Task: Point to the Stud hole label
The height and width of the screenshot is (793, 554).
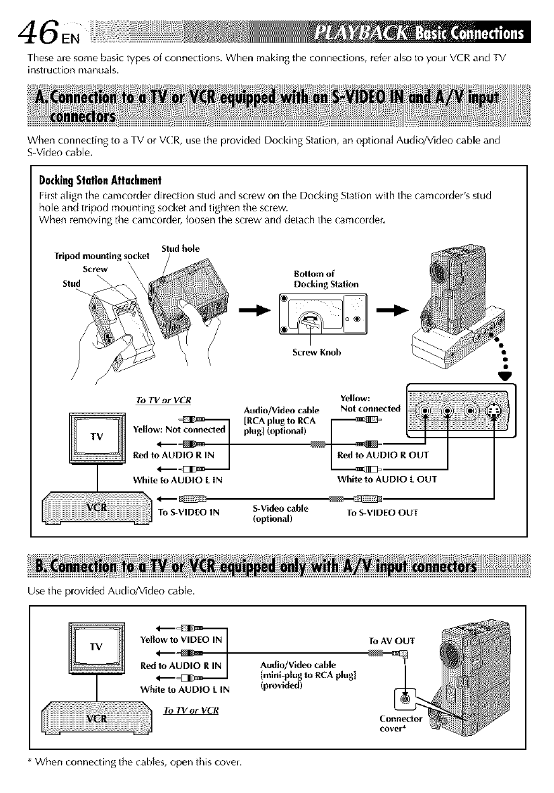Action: tap(179, 248)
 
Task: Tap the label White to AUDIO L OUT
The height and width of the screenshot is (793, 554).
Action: tap(387, 479)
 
